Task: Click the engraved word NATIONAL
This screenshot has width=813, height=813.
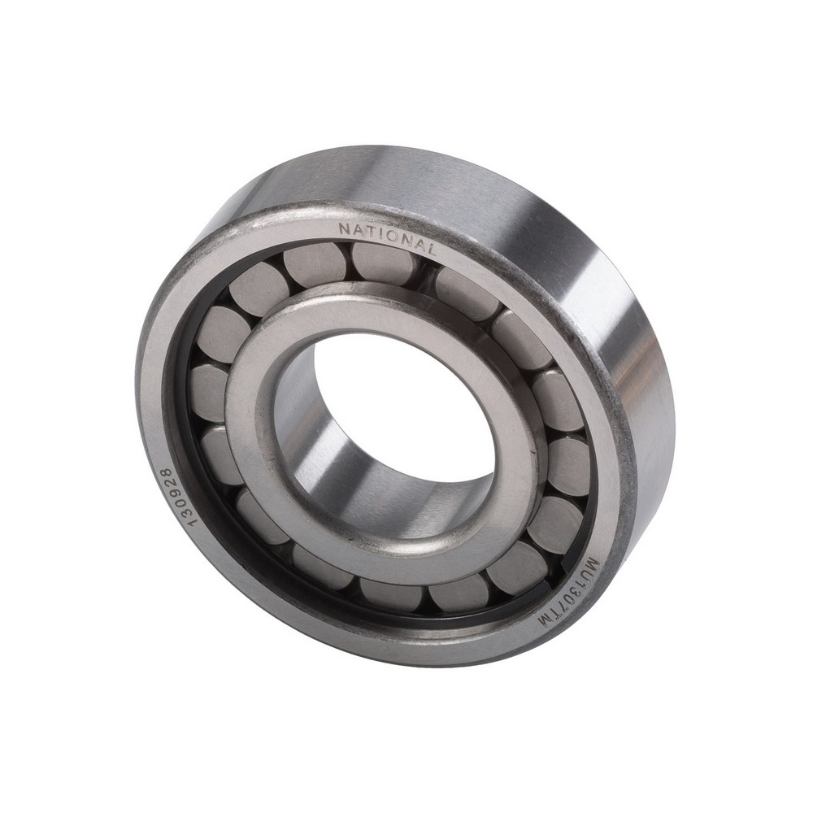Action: [x=387, y=238]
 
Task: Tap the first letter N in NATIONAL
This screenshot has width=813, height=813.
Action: [x=344, y=229]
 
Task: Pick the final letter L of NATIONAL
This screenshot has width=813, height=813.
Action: [x=430, y=249]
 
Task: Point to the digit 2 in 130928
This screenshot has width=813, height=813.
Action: [x=168, y=482]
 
